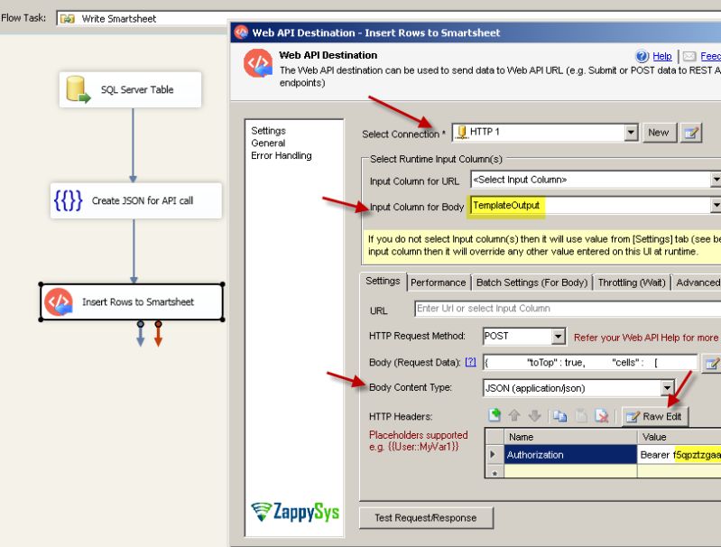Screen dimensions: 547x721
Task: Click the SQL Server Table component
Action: click(x=130, y=90)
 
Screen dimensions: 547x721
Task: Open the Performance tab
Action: click(x=439, y=283)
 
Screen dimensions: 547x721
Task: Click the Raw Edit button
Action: click(x=654, y=416)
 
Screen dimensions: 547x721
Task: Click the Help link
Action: click(x=661, y=56)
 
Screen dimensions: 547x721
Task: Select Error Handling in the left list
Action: click(x=281, y=155)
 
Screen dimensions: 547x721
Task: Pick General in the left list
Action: click(x=268, y=143)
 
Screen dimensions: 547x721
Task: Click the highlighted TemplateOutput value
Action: click(x=506, y=206)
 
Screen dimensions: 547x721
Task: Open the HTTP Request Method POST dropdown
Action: click(x=558, y=337)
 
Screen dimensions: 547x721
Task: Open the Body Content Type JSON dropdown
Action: click(x=669, y=389)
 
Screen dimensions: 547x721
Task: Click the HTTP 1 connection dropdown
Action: click(x=632, y=133)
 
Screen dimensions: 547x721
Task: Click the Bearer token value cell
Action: click(x=679, y=455)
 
